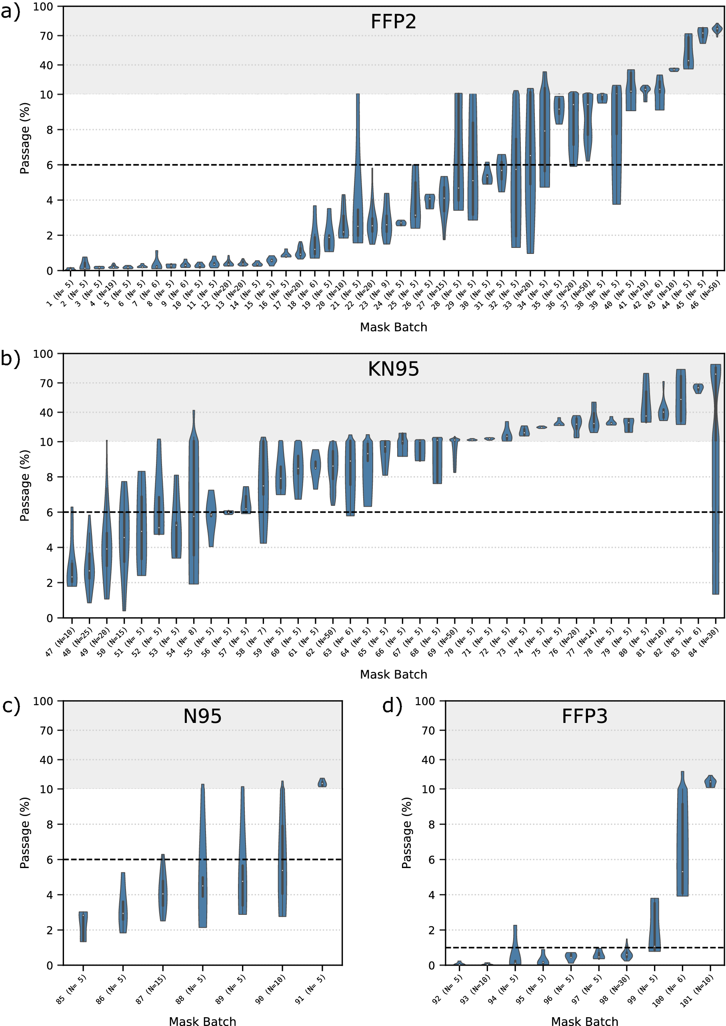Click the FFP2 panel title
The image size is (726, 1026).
pos(393,22)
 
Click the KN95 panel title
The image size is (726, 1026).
pos(393,369)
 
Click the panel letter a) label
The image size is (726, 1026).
pos(11,11)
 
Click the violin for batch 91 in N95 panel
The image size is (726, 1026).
pos(322,782)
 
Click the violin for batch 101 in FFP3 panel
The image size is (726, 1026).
pos(710,782)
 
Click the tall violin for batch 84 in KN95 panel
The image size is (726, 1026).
pos(716,483)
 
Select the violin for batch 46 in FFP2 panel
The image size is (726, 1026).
pos(717,29)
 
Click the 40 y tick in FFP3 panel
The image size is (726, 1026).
pos(428,760)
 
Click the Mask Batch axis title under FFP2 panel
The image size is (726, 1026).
pos(393,327)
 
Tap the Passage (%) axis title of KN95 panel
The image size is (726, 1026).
pos(24,485)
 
